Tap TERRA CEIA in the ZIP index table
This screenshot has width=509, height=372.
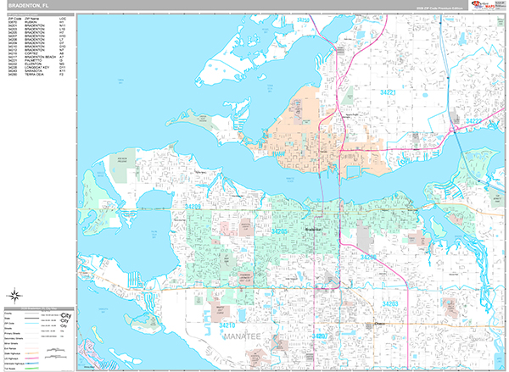click(x=37, y=75)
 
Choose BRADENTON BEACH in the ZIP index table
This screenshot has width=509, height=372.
click(x=42, y=58)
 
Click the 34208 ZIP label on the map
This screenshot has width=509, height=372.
click(x=366, y=254)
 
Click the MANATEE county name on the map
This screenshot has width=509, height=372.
click(x=245, y=337)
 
